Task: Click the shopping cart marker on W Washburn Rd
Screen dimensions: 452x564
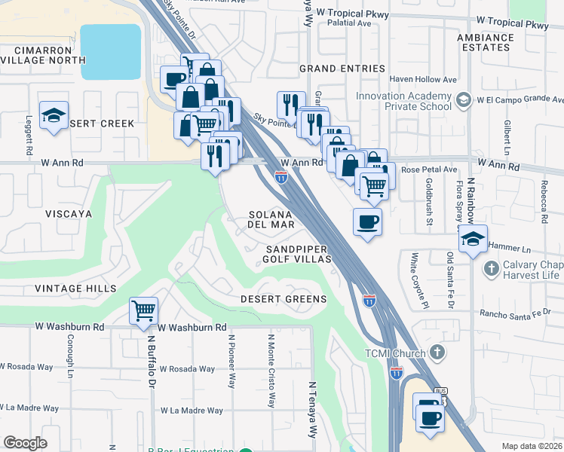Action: coord(143,310)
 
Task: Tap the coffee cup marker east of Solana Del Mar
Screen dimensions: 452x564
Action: coord(367,221)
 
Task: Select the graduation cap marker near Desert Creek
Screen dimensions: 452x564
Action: coord(54,115)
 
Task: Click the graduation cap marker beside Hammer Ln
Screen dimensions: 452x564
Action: coord(473,240)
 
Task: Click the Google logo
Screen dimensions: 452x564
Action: coord(25,443)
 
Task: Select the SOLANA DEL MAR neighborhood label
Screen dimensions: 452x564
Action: coord(275,219)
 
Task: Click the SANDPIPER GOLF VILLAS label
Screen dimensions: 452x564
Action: coord(296,254)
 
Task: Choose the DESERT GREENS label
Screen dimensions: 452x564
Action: coord(284,299)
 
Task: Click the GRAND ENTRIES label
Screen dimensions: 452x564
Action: coord(342,69)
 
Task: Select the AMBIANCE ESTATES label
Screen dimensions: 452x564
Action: coord(485,42)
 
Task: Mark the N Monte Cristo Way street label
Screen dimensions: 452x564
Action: coord(271,369)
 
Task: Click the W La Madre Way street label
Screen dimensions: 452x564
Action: coord(192,411)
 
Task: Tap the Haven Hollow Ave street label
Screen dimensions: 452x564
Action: coord(424,79)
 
